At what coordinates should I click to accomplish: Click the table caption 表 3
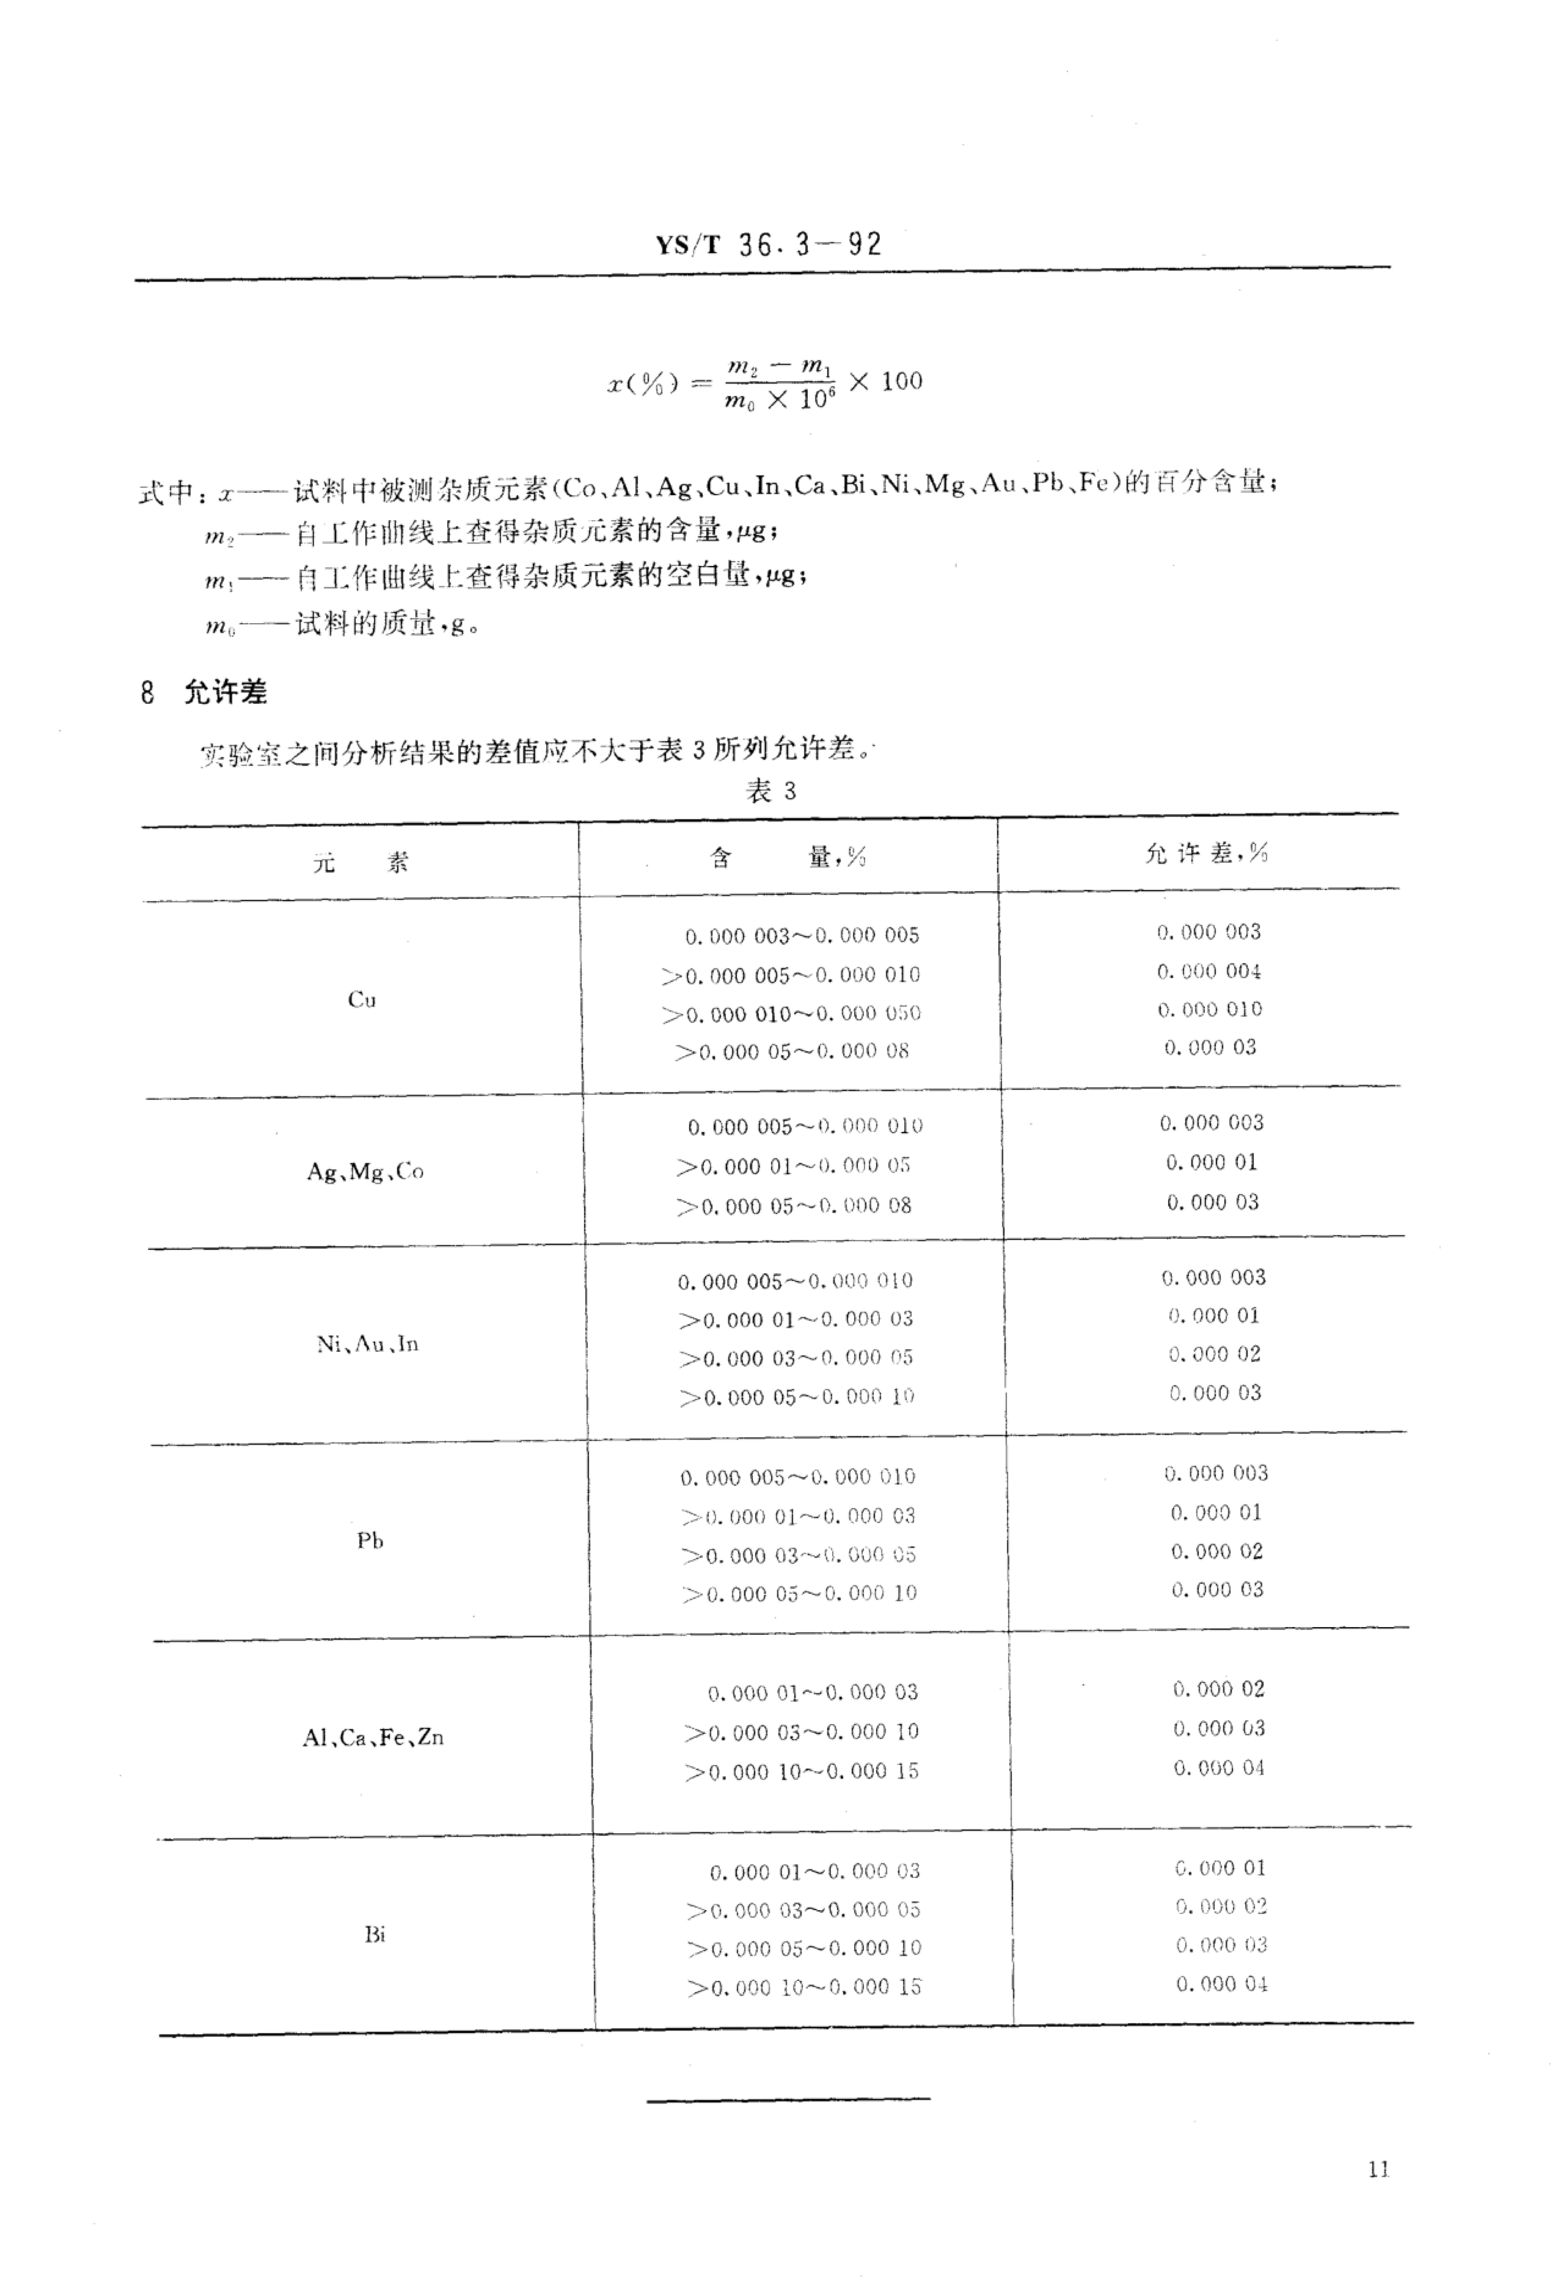coord(771,791)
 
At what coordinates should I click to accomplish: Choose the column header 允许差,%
coord(1206,853)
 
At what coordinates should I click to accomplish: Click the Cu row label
coord(362,1000)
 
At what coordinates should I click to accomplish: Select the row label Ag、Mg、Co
coord(365,1171)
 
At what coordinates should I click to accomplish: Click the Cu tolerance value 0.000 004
coord(1209,971)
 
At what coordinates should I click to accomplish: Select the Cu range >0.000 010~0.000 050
coord(791,1014)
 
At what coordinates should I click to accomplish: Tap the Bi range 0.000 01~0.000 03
coord(814,1871)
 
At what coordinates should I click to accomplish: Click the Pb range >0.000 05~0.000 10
coord(799,1593)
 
